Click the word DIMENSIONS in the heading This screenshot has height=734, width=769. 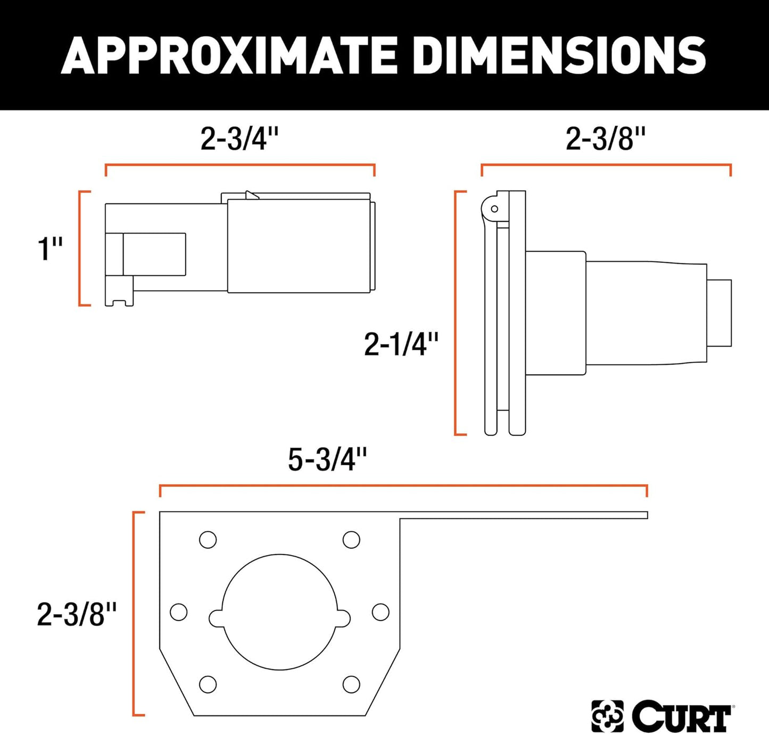point(559,55)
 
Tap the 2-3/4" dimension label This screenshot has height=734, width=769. point(239,139)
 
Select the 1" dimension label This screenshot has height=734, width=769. point(50,249)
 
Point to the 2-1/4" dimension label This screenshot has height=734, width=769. point(401,344)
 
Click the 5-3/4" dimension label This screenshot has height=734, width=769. point(327,459)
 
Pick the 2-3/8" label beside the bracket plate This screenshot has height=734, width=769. point(77,614)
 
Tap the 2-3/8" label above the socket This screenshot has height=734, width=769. point(606,139)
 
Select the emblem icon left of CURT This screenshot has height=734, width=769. point(607,716)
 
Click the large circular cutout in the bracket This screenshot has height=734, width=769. point(279,612)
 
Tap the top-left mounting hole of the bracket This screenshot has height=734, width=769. point(208,540)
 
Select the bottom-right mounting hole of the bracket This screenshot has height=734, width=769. point(351,684)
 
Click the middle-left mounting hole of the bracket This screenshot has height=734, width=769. point(179,612)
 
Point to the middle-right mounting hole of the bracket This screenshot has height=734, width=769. point(381,612)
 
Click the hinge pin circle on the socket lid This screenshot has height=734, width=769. point(494,209)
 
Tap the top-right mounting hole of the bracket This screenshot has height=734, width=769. point(351,540)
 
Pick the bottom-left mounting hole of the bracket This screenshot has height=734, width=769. point(208,684)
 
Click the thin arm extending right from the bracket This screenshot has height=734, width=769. point(524,515)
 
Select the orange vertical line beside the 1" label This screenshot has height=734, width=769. point(80,249)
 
